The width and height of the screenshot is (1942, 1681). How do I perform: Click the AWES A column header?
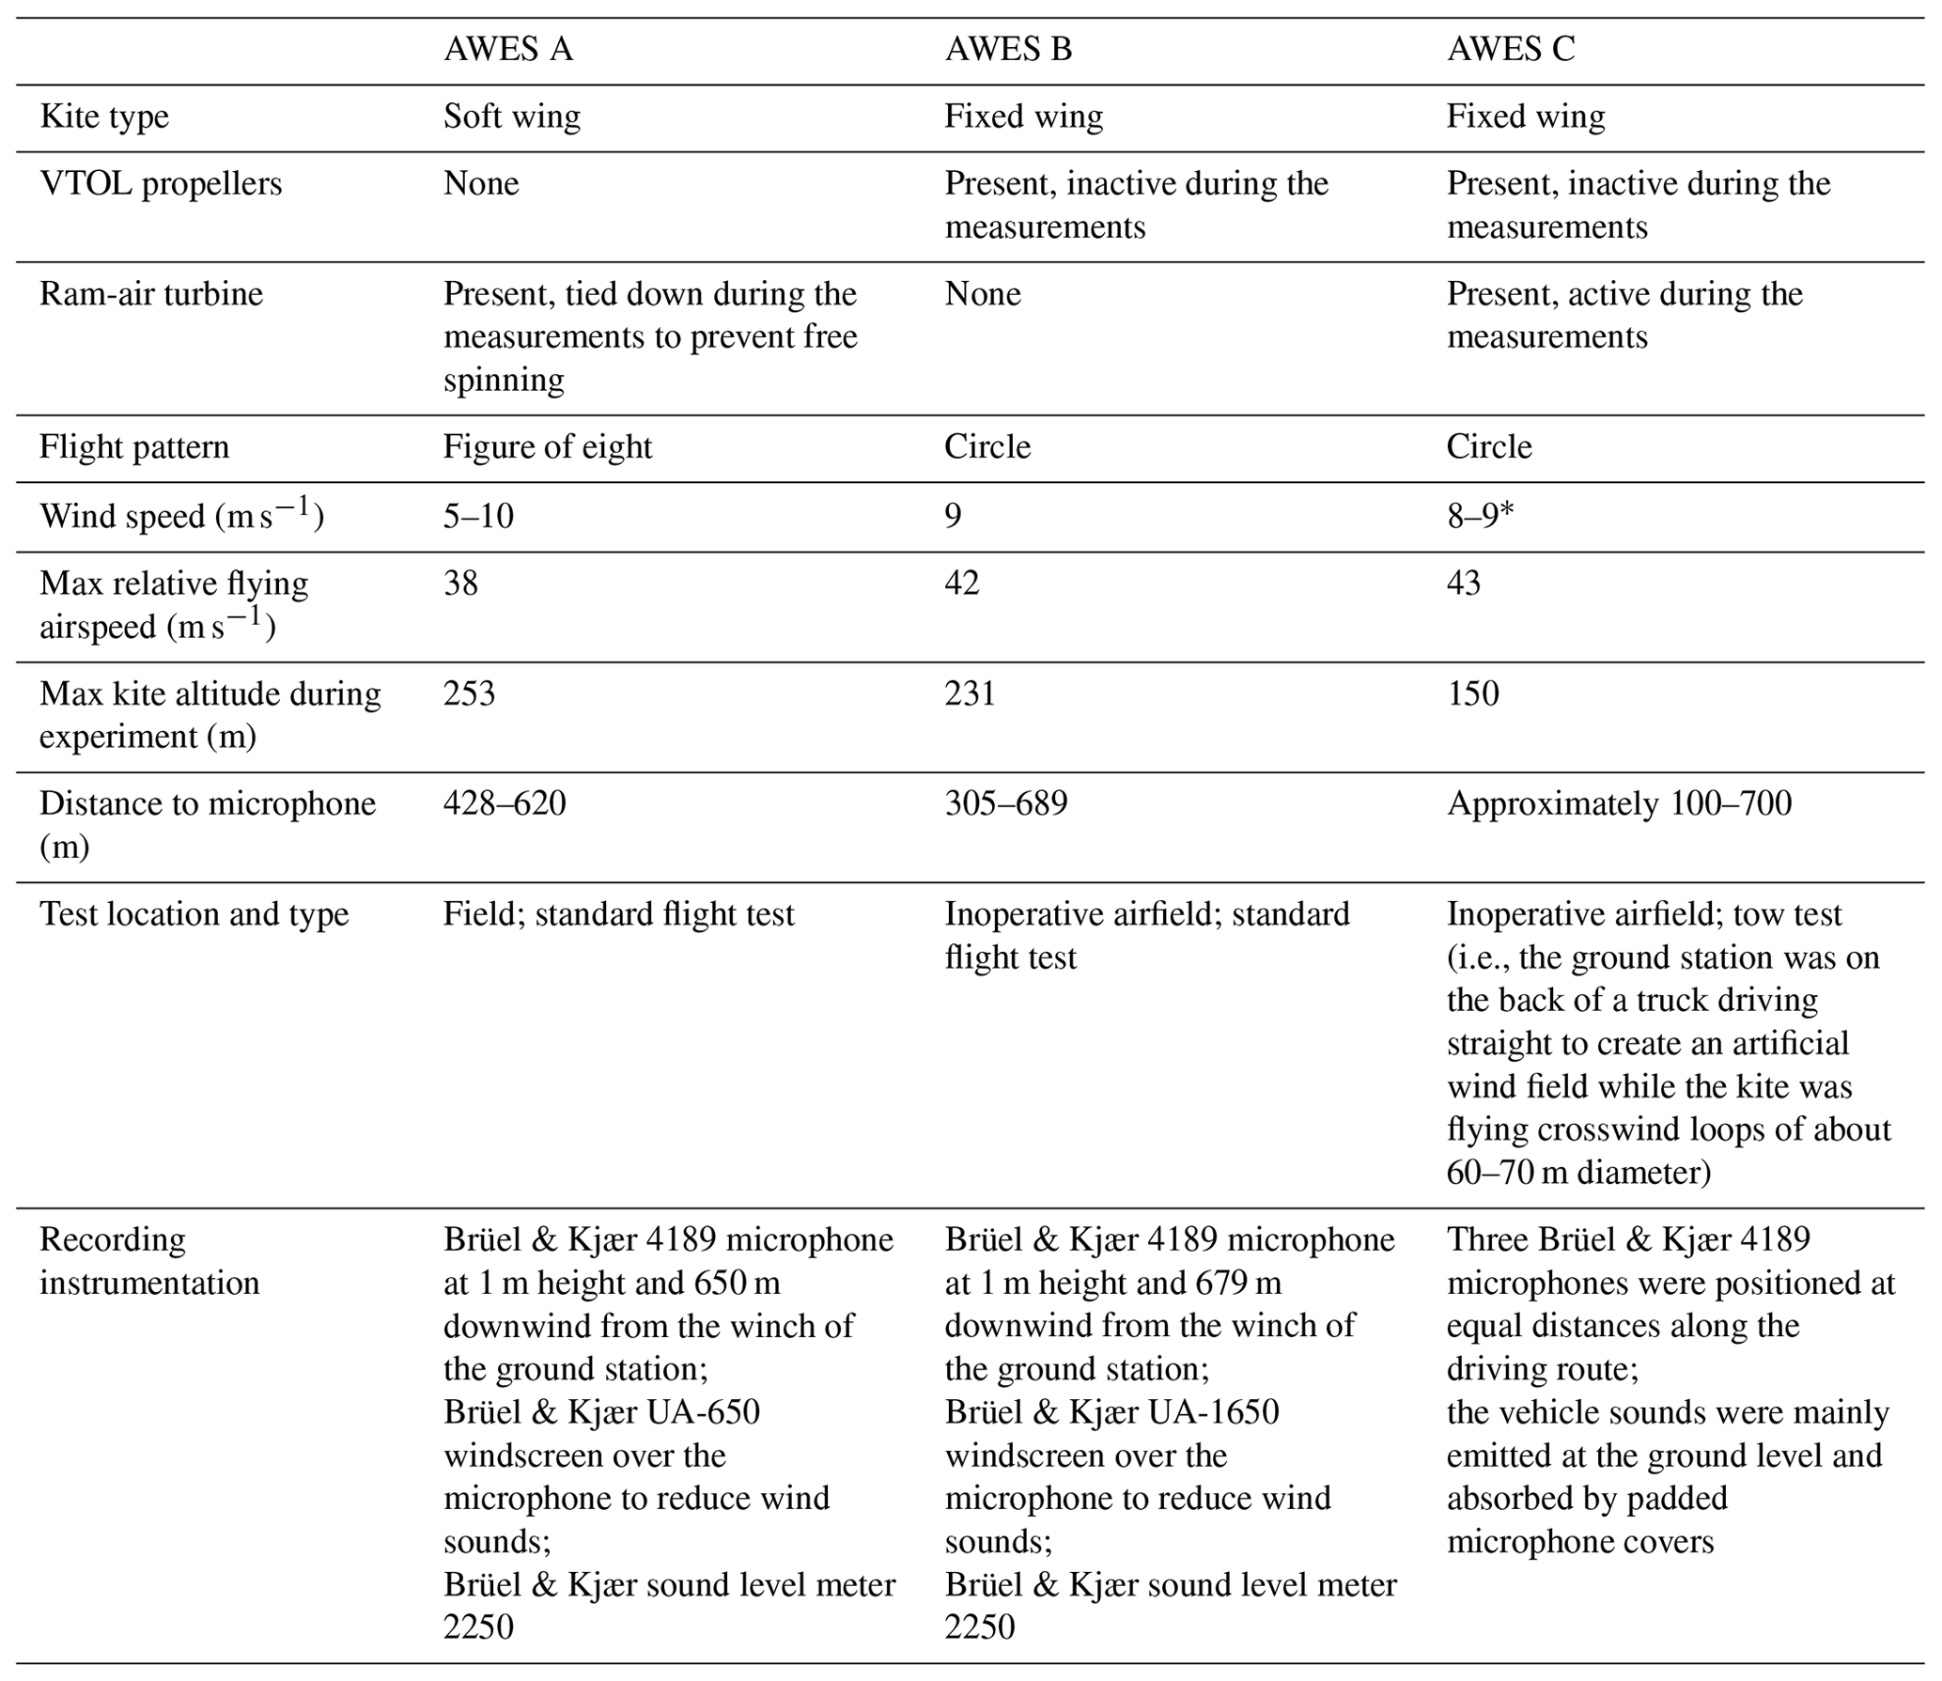pyautogui.click(x=507, y=49)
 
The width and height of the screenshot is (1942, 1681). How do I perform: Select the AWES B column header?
pyautogui.click(x=1008, y=49)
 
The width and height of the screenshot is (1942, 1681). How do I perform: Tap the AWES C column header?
pyautogui.click(x=1511, y=49)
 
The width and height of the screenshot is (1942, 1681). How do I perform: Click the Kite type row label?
pyautogui.click(x=104, y=117)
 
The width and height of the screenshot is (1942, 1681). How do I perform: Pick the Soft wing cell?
pyautogui.click(x=512, y=117)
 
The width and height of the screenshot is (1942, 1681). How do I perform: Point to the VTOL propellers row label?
pyautogui.click(x=161, y=183)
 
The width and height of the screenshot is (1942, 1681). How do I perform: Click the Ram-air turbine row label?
pyautogui.click(x=151, y=294)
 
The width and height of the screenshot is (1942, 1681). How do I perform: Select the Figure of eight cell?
pyautogui.click(x=548, y=446)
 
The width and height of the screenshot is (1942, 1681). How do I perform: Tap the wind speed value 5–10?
pyautogui.click(x=478, y=516)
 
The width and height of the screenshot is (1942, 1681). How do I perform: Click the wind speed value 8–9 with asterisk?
pyautogui.click(x=1481, y=516)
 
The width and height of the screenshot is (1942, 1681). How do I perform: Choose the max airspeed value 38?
pyautogui.click(x=460, y=584)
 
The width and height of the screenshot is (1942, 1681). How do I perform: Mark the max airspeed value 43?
pyautogui.click(x=1464, y=584)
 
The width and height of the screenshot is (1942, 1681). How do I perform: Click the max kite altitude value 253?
pyautogui.click(x=469, y=693)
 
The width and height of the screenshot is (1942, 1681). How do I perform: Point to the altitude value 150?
pyautogui.click(x=1472, y=693)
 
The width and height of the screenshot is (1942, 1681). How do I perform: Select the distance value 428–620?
pyautogui.click(x=505, y=803)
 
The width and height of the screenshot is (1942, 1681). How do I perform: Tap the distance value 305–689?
pyautogui.click(x=1006, y=803)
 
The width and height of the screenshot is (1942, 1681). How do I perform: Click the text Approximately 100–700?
pyautogui.click(x=1619, y=803)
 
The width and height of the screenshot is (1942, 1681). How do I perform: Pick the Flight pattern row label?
pyautogui.click(x=134, y=446)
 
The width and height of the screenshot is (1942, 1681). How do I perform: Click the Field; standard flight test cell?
pyautogui.click(x=618, y=914)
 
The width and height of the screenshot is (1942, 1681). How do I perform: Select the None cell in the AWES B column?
pyautogui.click(x=982, y=294)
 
